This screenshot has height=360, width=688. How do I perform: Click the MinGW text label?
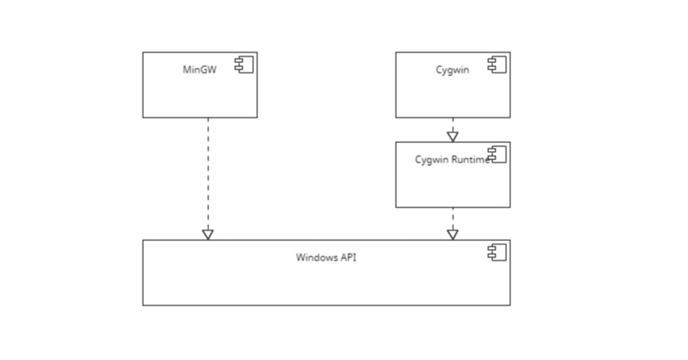coord(199,69)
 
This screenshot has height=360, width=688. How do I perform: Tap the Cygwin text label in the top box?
coord(452,69)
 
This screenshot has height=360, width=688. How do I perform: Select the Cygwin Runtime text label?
coord(452,160)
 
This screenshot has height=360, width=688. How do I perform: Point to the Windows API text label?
coord(326,257)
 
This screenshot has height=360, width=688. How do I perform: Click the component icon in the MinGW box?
coord(244,65)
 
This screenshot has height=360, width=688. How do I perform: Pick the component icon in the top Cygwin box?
coord(497,65)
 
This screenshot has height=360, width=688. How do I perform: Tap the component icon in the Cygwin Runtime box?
coord(497,155)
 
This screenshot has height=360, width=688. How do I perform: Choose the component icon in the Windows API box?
coord(497,253)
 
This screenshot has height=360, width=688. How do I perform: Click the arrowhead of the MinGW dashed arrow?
coord(208,234)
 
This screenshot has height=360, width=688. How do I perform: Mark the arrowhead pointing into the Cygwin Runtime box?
coord(453,136)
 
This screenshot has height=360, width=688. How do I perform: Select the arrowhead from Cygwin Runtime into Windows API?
coord(453,234)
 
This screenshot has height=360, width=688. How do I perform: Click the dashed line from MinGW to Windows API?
coord(208,172)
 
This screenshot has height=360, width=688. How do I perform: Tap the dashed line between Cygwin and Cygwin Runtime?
coord(453,125)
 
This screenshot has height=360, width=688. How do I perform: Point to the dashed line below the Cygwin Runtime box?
coord(453,218)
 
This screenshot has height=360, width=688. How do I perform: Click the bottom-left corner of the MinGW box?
coord(143,117)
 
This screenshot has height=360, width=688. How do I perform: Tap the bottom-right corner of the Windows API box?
coord(510,305)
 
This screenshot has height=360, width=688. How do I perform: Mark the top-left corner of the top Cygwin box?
coord(396,53)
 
